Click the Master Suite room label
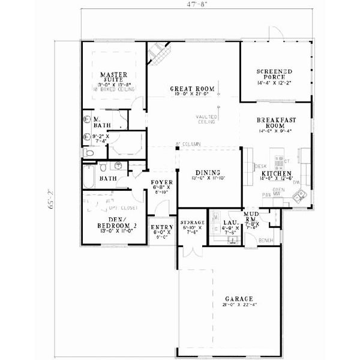coord(112,77)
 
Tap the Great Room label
coord(192,87)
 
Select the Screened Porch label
coord(275,74)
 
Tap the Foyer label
coord(162,182)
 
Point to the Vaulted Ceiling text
coord(206,119)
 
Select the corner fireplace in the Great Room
coord(160,55)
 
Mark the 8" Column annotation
coord(188,144)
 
